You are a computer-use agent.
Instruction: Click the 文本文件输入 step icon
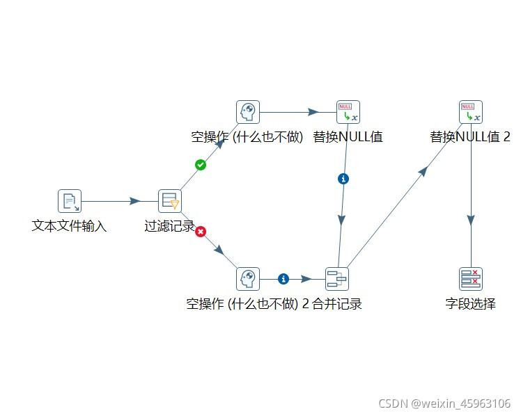pyautogui.click(x=69, y=201)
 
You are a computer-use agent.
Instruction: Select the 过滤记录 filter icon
pyautogui.click(x=170, y=201)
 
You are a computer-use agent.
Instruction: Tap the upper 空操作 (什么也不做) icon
pyautogui.click(x=247, y=112)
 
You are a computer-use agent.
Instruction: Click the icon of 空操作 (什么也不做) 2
pyautogui.click(x=247, y=279)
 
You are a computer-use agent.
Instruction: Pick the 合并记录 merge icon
pyautogui.click(x=337, y=279)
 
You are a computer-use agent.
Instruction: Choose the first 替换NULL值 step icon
pyautogui.click(x=348, y=112)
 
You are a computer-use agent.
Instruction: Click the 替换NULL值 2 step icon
pyautogui.click(x=471, y=112)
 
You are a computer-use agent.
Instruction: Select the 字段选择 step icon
pyautogui.click(x=471, y=279)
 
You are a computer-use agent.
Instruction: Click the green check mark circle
pyautogui.click(x=201, y=165)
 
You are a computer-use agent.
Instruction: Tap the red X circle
pyautogui.click(x=201, y=232)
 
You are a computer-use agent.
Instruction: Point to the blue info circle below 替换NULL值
pyautogui.click(x=343, y=179)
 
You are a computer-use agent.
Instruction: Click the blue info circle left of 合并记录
pyautogui.click(x=283, y=279)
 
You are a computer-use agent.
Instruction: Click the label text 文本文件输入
pyautogui.click(x=69, y=226)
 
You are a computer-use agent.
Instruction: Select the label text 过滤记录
pyautogui.click(x=169, y=226)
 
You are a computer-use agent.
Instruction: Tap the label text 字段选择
pyautogui.click(x=471, y=304)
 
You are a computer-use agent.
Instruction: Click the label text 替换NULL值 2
pyautogui.click(x=470, y=137)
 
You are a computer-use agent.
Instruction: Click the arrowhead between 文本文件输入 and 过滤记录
pyautogui.click(x=134, y=201)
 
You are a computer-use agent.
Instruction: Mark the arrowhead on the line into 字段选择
pyautogui.click(x=471, y=219)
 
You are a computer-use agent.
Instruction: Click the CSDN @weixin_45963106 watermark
pyautogui.click(x=444, y=403)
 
